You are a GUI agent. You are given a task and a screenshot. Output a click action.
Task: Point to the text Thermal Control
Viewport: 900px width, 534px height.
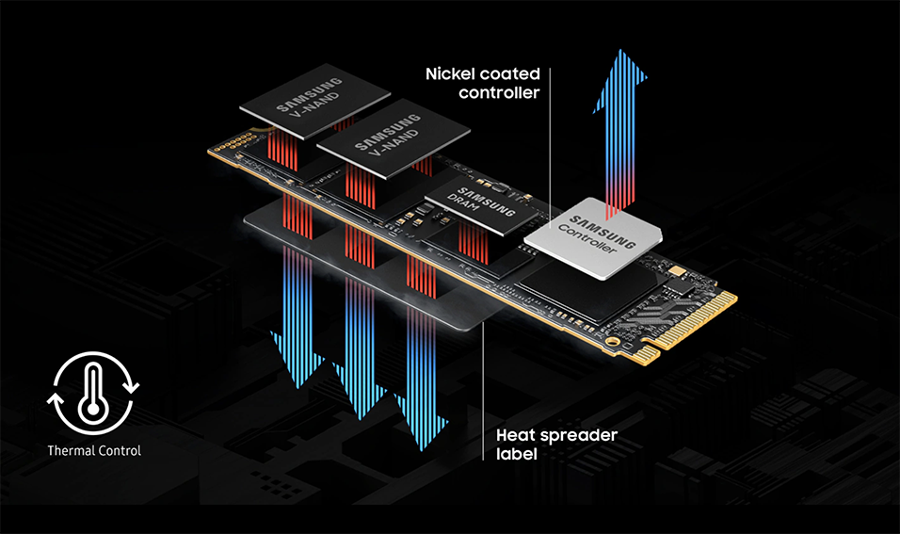click(x=94, y=450)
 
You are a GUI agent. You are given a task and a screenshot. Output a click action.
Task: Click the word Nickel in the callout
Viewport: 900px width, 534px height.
click(x=453, y=73)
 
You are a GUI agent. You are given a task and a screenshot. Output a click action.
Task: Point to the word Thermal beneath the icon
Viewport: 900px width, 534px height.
click(x=72, y=450)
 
